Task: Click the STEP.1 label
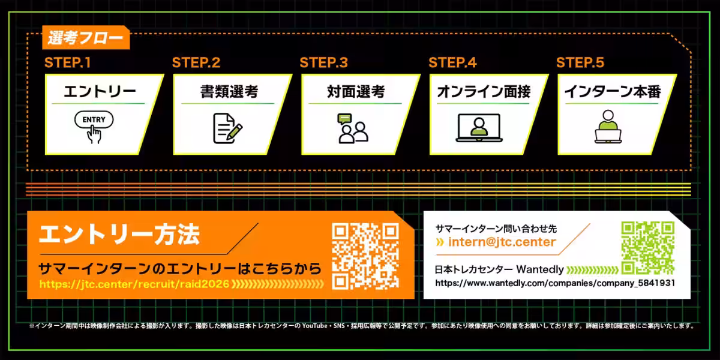tap(67, 62)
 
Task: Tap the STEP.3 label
tap(323, 62)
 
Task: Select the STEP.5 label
tap(580, 62)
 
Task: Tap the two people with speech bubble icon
tap(353, 128)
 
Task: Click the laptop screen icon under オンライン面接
tap(479, 128)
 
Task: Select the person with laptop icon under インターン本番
tap(608, 127)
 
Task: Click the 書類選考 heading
tap(229, 92)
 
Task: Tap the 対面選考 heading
tap(356, 92)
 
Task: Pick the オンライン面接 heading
tap(484, 92)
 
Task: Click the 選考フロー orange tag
tap(86, 38)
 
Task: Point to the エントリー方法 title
tap(119, 235)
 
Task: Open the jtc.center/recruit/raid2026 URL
tap(134, 284)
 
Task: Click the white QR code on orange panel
tap(365, 256)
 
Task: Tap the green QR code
tap(647, 247)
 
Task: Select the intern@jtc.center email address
tap(502, 242)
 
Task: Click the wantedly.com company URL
tap(555, 283)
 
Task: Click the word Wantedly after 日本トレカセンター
tap(540, 269)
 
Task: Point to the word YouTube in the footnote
tap(314, 326)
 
